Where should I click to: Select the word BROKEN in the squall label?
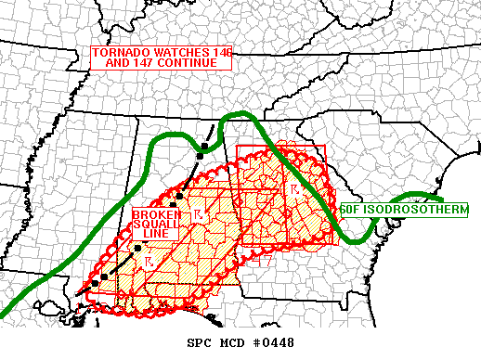point(150,212)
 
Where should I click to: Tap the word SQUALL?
point(150,224)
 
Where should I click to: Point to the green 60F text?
point(350,210)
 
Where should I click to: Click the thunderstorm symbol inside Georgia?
point(294,189)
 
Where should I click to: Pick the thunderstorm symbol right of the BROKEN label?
point(198,215)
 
